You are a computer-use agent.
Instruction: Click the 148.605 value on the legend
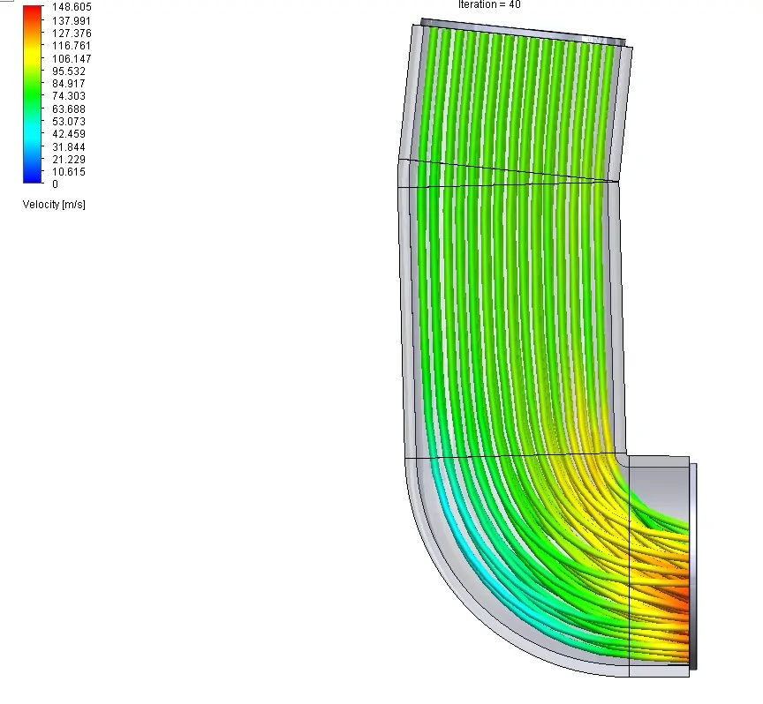[x=72, y=7]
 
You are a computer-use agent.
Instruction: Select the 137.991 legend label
[x=72, y=19]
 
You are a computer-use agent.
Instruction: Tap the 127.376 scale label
[x=72, y=33]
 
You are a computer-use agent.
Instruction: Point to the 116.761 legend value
[x=72, y=45]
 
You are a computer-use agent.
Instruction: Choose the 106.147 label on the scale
[x=72, y=58]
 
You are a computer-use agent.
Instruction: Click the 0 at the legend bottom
[x=55, y=184]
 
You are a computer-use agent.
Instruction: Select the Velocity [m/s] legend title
[x=54, y=205]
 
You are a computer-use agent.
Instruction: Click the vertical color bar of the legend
[x=33, y=94]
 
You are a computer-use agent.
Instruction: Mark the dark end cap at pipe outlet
[x=693, y=565]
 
